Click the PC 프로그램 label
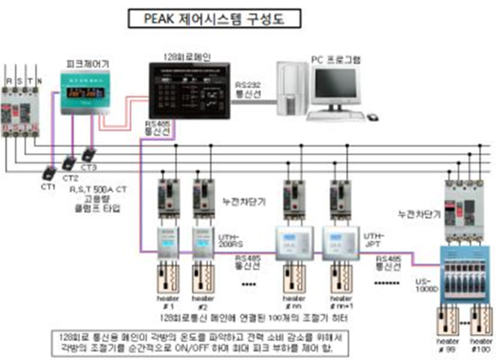[x=337, y=60]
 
